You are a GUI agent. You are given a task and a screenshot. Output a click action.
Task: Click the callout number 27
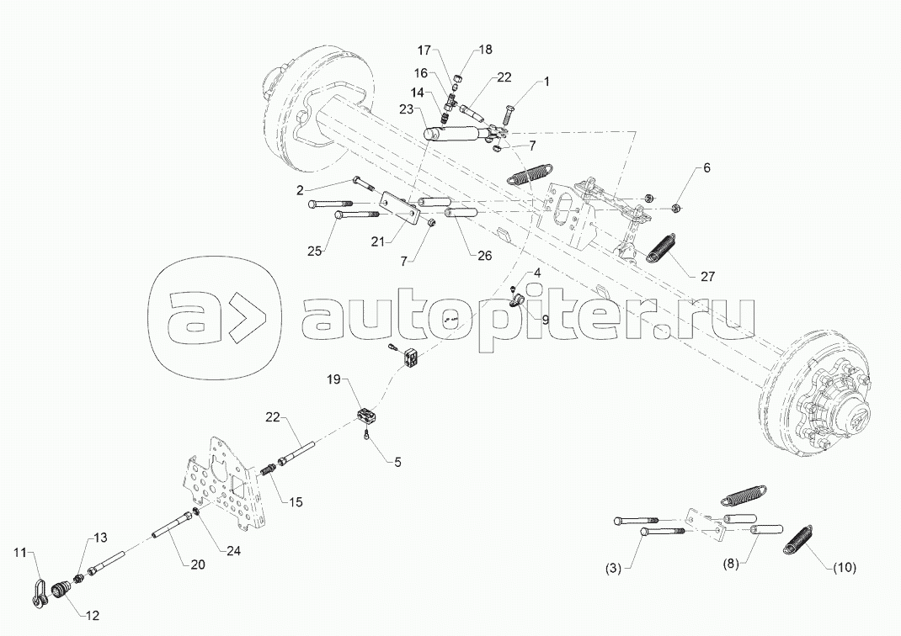point(707,277)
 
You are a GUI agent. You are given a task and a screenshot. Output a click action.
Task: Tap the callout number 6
point(706,167)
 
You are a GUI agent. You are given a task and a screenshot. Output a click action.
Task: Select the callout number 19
point(333,379)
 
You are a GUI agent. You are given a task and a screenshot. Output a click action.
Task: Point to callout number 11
point(21,553)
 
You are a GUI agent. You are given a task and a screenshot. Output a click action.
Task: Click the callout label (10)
point(844,568)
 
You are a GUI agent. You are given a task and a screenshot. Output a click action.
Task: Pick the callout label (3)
point(614,569)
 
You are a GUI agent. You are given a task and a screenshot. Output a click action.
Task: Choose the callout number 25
point(314,251)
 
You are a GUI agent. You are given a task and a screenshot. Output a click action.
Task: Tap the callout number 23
point(407,109)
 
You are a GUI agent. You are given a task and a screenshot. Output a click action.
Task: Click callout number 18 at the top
point(486,50)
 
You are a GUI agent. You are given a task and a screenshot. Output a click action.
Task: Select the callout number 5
point(397,462)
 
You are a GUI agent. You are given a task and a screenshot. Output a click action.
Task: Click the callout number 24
point(233,551)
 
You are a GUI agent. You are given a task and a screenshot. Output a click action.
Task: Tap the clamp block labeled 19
point(365,416)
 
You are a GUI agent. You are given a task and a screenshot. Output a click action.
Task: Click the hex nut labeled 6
point(677,208)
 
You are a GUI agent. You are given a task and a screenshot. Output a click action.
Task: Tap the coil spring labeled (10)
point(797,539)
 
